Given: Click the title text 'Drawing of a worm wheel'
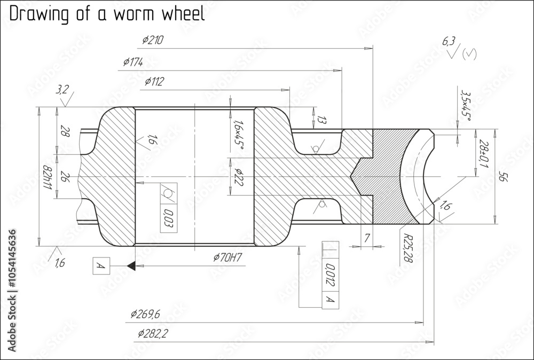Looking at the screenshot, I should tap(107, 14).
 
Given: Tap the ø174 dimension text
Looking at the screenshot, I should tap(133, 62).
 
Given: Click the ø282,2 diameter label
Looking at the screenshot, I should tap(153, 334).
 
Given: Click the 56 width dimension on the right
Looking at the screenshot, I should tap(502, 177).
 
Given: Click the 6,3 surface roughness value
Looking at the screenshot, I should tap(447, 41).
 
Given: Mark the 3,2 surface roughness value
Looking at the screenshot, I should tap(62, 90).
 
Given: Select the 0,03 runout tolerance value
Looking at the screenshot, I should tap(168, 219).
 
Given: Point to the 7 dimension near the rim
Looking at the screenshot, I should tap(367, 239).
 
